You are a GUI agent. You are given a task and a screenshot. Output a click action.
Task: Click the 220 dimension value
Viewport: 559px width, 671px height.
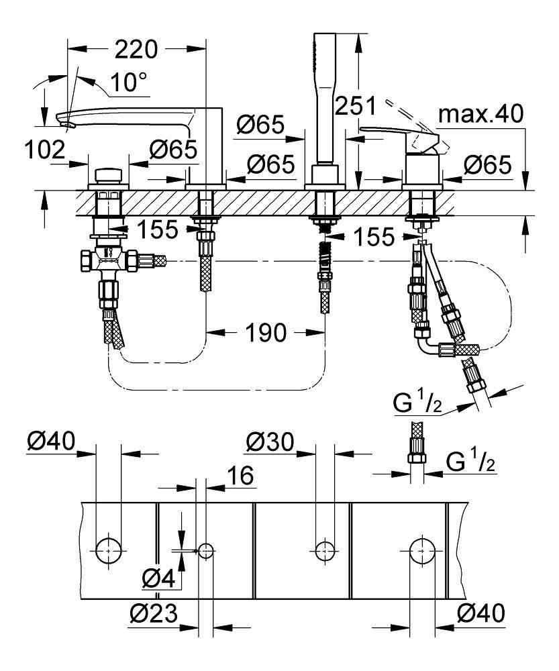point(137,50)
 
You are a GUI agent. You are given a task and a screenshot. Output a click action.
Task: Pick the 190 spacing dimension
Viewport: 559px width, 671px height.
point(266,332)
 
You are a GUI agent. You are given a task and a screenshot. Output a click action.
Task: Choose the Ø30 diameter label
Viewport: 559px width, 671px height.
point(268,442)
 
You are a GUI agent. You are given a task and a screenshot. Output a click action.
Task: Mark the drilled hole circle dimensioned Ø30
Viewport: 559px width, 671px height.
point(325,550)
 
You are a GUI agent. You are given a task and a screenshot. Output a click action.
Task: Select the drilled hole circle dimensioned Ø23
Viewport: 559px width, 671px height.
point(206,551)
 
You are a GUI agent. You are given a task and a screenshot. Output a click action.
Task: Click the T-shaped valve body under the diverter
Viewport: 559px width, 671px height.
point(109,258)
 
